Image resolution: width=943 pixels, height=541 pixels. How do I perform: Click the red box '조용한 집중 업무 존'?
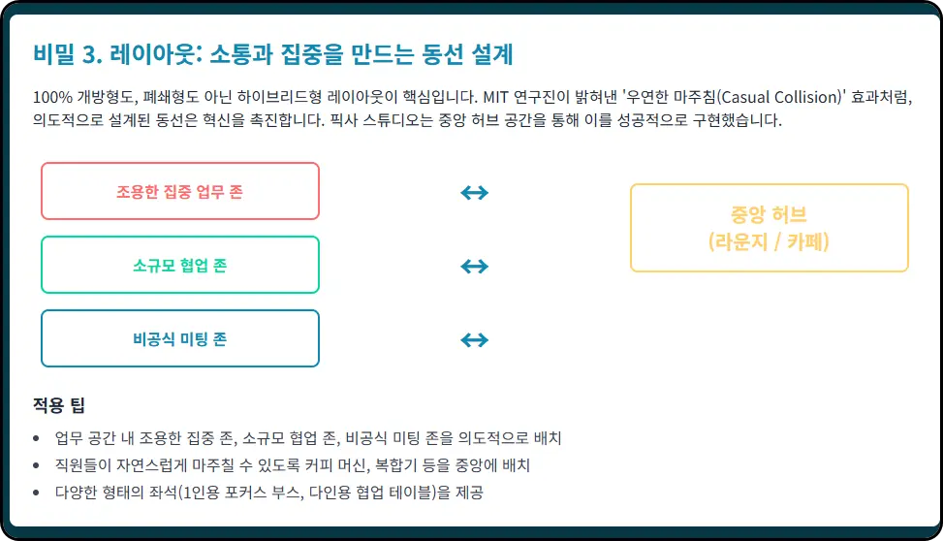click(x=179, y=191)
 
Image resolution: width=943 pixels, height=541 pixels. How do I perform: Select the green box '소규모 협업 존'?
click(x=179, y=265)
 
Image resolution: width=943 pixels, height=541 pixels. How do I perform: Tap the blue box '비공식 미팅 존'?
click(x=179, y=338)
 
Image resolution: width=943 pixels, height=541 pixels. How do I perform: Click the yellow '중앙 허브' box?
click(x=769, y=228)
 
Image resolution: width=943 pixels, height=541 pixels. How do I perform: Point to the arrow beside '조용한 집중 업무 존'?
click(x=474, y=192)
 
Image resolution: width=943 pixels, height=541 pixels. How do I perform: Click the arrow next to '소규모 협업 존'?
click(x=474, y=266)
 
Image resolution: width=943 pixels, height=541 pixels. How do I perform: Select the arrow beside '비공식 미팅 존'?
click(x=474, y=339)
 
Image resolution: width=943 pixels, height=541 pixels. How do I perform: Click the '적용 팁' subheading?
click(x=59, y=405)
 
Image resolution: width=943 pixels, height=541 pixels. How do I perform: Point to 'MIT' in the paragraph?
click(x=495, y=98)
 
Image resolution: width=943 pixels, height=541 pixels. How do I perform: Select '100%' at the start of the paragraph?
click(x=49, y=98)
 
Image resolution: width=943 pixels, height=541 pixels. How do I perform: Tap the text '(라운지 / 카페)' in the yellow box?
click(x=769, y=241)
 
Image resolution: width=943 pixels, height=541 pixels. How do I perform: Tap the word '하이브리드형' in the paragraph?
click(x=280, y=98)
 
